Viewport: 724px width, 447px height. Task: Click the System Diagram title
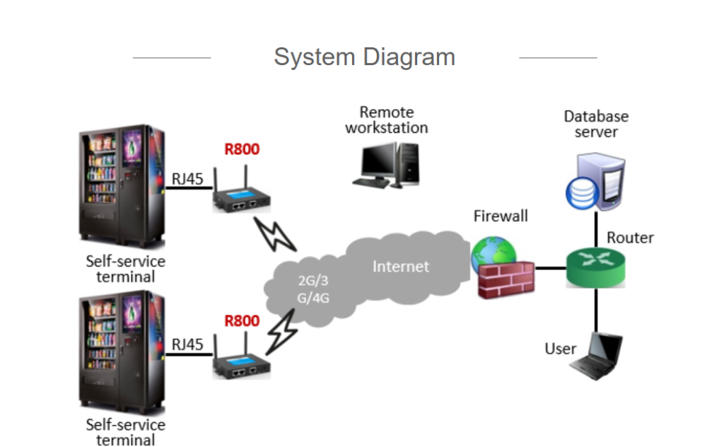tap(364, 57)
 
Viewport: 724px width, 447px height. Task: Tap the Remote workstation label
tap(387, 120)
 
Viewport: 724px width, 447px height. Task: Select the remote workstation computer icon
tap(386, 166)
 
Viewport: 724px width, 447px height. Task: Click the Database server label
tap(596, 124)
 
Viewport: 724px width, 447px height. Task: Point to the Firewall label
tap(501, 216)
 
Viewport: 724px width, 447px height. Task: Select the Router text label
tap(630, 237)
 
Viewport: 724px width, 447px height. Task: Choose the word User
tap(560, 349)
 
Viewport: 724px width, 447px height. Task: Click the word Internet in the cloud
tap(401, 267)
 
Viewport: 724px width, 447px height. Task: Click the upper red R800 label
tap(242, 149)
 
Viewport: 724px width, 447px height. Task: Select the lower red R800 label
tap(242, 321)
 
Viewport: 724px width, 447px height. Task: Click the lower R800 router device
tap(242, 366)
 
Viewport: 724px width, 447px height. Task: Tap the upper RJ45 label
tap(187, 179)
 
